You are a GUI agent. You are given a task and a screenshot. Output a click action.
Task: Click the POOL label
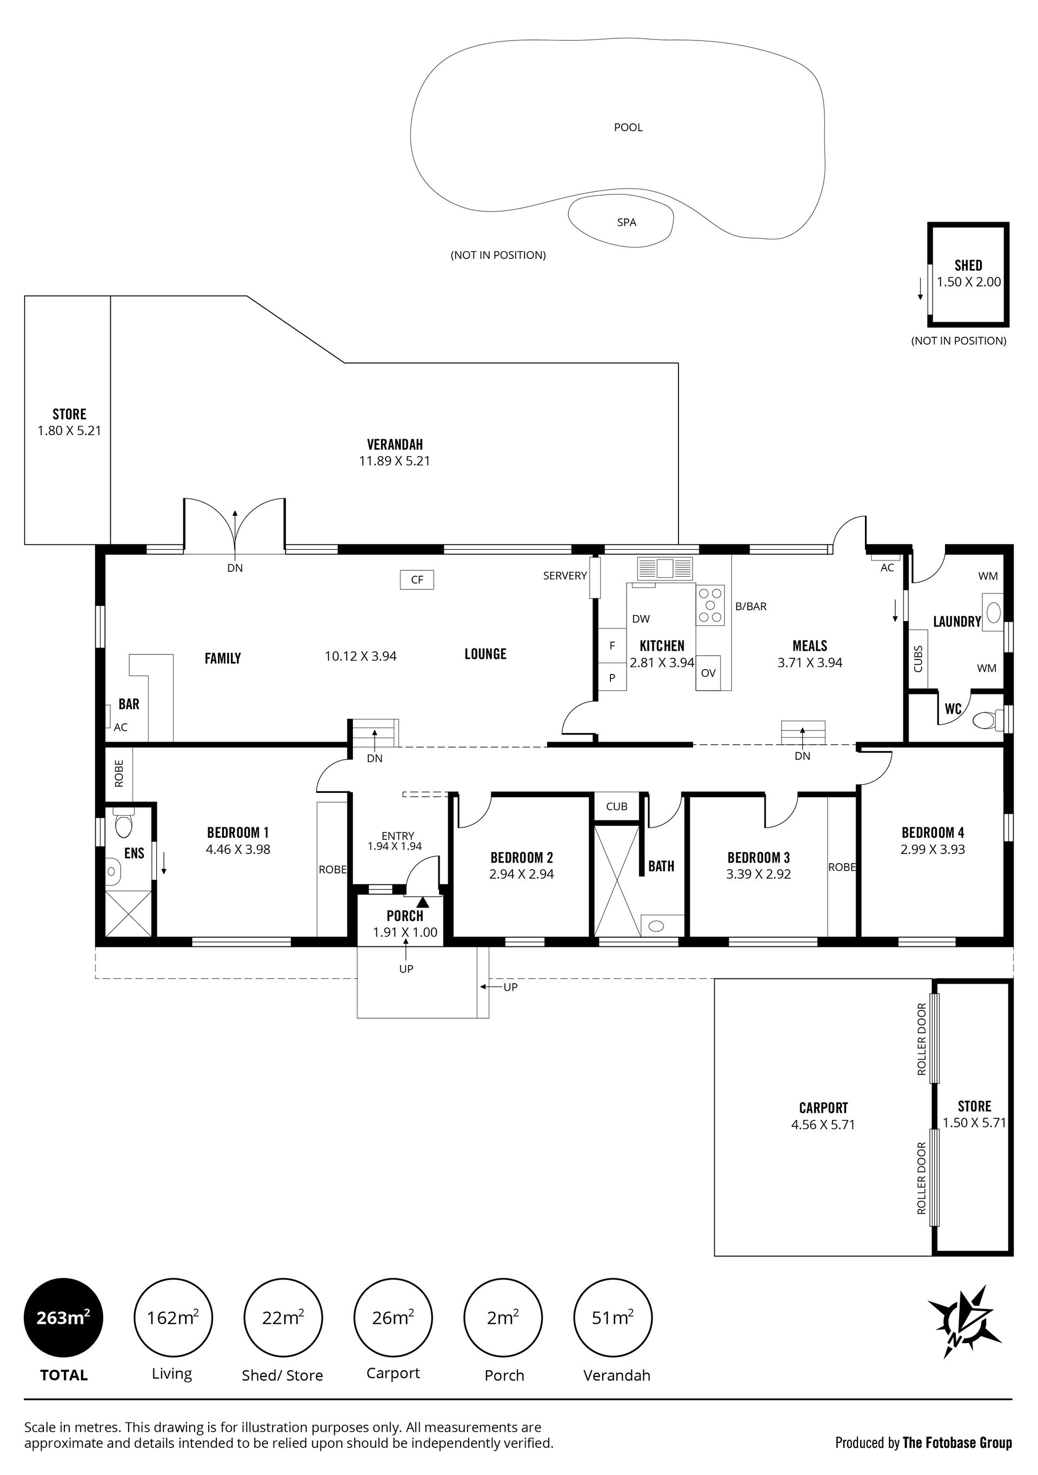(628, 127)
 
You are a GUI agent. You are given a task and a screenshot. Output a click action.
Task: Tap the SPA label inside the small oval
(627, 222)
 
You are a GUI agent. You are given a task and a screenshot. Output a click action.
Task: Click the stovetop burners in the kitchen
(710, 604)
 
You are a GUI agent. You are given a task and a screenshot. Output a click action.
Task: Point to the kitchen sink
(665, 569)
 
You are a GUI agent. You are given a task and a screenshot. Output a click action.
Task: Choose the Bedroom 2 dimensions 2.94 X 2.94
(521, 873)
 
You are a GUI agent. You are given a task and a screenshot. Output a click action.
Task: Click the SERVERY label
(565, 576)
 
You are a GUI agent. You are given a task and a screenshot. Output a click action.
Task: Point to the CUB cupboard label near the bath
(616, 806)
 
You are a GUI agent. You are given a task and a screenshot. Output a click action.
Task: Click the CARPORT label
(823, 1107)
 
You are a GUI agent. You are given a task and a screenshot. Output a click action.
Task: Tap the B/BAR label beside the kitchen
(751, 606)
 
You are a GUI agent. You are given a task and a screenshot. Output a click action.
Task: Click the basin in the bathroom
(656, 926)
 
